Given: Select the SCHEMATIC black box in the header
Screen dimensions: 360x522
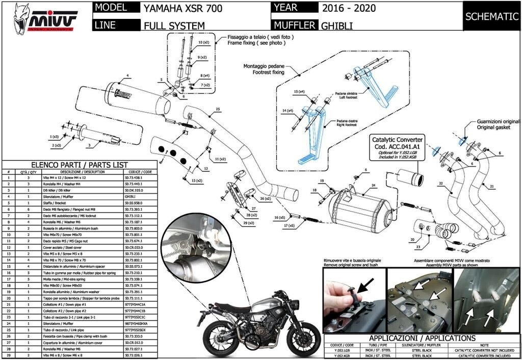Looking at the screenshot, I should tap(491, 16).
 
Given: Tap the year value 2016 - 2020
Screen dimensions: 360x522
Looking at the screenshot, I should tap(348, 9).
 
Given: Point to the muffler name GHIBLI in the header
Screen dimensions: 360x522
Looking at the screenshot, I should tap(337, 25).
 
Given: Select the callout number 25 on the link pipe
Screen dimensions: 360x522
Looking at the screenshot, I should tap(217, 109).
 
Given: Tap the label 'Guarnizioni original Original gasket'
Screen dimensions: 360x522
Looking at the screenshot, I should tap(498, 125).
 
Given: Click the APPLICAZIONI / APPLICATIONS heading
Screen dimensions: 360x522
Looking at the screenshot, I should tap(422, 338).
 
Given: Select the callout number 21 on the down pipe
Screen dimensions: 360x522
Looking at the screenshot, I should tap(492, 187).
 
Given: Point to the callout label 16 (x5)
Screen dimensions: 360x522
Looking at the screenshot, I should tap(279, 217).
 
